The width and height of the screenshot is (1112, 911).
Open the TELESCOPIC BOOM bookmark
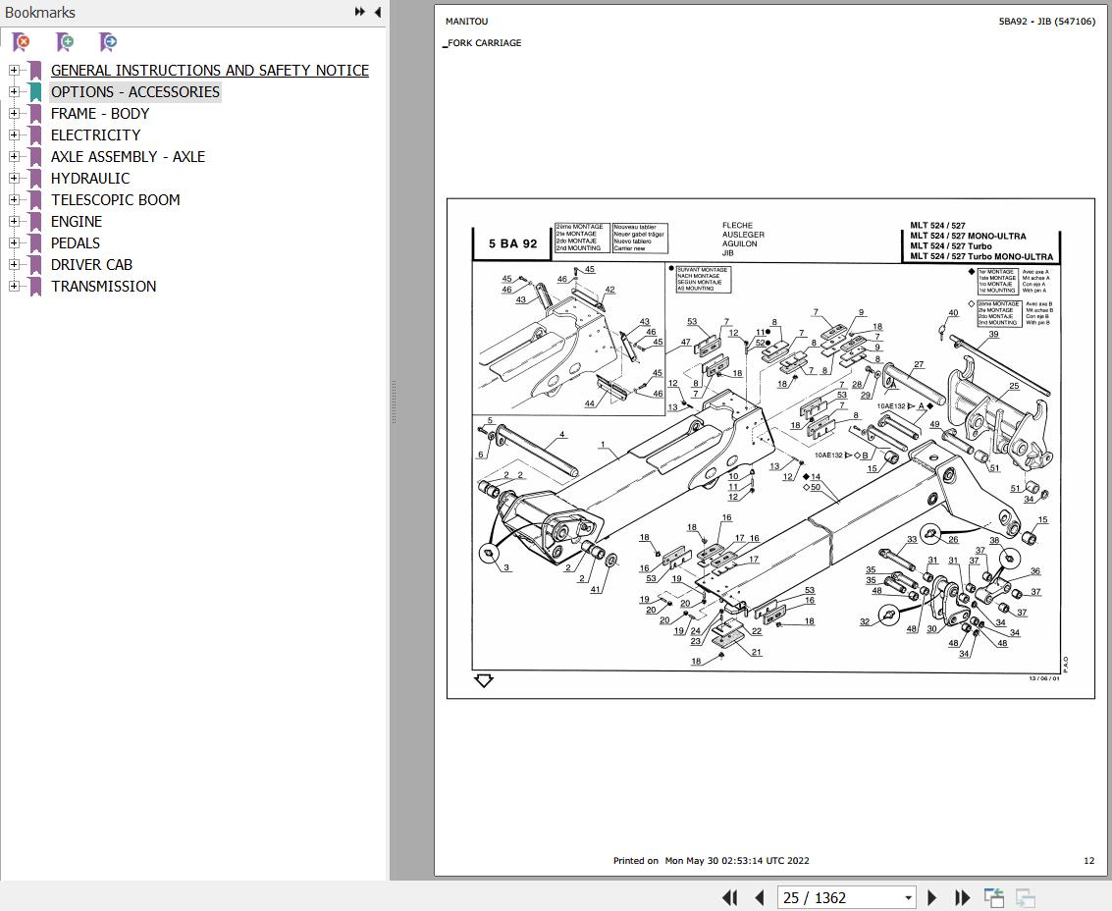click(115, 199)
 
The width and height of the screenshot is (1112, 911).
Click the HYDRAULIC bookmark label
click(89, 178)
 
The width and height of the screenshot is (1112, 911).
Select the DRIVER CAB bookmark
click(91, 264)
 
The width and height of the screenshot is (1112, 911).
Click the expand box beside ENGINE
click(14, 221)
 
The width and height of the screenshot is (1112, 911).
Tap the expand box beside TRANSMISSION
click(14, 286)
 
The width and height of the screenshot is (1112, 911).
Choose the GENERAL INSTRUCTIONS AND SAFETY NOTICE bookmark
click(209, 70)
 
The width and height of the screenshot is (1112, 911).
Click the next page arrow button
click(931, 897)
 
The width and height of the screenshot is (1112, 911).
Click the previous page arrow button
click(759, 897)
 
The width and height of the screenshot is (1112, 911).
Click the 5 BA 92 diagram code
click(512, 243)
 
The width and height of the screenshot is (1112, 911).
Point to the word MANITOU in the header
click(466, 21)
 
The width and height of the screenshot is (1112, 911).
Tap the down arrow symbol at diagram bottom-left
click(483, 680)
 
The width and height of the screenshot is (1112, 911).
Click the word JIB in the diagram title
click(727, 253)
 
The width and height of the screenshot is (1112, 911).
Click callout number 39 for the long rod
click(993, 335)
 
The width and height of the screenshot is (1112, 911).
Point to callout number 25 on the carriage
click(1014, 386)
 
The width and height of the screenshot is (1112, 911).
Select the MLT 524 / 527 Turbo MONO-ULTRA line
click(980, 256)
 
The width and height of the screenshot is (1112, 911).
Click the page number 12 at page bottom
click(1088, 861)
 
